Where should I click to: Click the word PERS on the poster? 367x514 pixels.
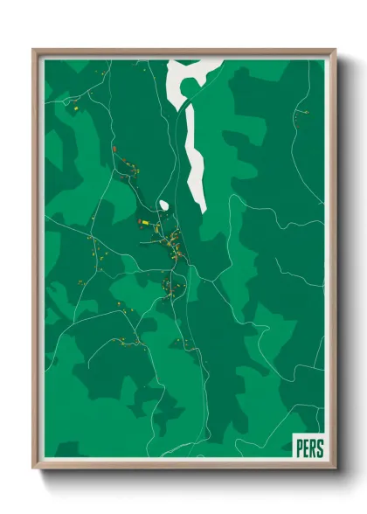coord(308,448)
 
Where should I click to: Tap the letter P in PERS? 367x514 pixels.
coord(300,448)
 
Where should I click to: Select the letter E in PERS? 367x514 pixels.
coord(306,448)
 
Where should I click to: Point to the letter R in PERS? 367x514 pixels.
coord(312,448)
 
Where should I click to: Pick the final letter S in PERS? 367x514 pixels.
coord(319,448)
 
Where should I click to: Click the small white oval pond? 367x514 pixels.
coord(163,206)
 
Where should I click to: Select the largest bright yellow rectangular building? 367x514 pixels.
coord(143,223)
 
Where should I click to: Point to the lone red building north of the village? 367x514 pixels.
coord(114,149)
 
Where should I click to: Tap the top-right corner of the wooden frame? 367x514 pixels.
coord(335,51)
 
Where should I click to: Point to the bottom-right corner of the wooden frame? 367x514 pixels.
coord(335,468)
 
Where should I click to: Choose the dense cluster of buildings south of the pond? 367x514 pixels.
coord(173,240)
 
